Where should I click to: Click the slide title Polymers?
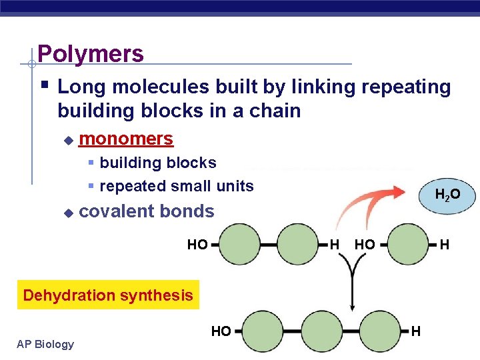tap(91, 53)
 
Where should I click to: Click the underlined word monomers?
tap(126, 139)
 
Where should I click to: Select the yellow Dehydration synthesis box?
tap(108, 295)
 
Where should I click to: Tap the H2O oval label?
tap(447, 195)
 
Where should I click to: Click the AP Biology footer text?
tap(46, 344)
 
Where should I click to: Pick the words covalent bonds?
tap(147, 211)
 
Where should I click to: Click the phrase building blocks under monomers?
tap(158, 163)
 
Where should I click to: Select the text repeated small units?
tap(177, 186)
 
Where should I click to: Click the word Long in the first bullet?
tap(79, 87)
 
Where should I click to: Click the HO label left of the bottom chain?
tap(221, 330)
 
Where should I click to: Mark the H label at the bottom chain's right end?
tap(416, 330)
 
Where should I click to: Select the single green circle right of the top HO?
tap(408, 245)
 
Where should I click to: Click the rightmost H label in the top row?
tap(444, 245)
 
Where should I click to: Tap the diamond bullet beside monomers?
tap(67, 140)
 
